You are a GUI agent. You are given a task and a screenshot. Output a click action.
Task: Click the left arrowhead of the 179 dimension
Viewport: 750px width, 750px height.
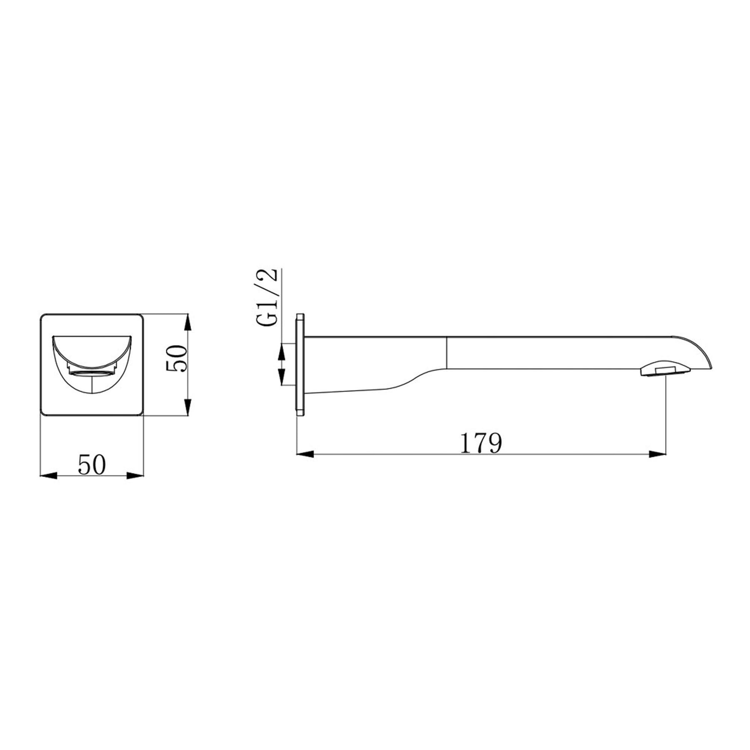click(x=305, y=454)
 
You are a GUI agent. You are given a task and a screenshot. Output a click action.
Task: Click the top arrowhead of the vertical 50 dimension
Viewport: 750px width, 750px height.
click(x=188, y=323)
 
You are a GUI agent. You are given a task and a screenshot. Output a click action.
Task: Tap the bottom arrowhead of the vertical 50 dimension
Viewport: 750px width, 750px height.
click(x=188, y=406)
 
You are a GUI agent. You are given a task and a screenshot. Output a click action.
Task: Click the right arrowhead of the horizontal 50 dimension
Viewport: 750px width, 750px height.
click(x=135, y=475)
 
